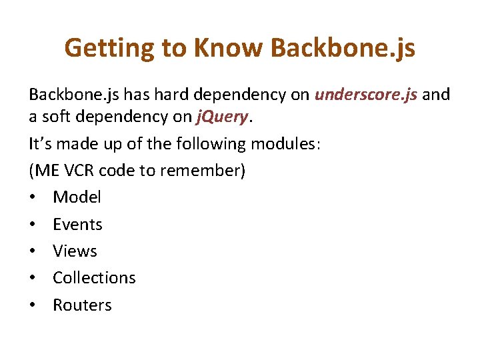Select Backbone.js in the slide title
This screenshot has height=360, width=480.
pyautogui.click(x=343, y=48)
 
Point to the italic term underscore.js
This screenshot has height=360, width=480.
pyautogui.click(x=366, y=95)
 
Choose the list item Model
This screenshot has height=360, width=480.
pyautogui.click(x=77, y=197)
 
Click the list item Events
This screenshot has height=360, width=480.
pyautogui.click(x=77, y=224)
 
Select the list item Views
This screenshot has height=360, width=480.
pyautogui.click(x=75, y=251)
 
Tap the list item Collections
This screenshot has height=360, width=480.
pyautogui.click(x=94, y=278)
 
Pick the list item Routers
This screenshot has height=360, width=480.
pyautogui.click(x=82, y=305)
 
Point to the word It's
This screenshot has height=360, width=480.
pyautogui.click(x=38, y=144)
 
